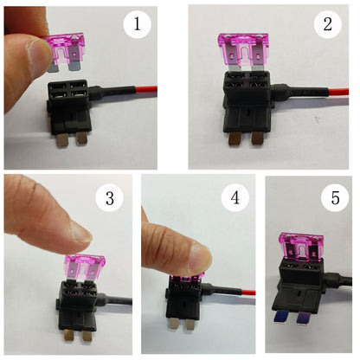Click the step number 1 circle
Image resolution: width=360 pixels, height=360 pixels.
[137, 24]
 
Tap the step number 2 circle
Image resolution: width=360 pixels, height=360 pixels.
[328, 24]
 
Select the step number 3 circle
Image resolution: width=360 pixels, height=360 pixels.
[110, 198]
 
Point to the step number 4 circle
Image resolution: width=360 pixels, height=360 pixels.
[235, 198]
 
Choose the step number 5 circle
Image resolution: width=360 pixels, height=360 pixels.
[335, 198]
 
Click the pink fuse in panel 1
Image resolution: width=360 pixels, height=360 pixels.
[65, 52]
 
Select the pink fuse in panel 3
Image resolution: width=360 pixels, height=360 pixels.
[84, 268]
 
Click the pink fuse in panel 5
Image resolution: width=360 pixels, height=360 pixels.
[301, 247]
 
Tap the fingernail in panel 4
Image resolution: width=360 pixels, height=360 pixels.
[200, 258]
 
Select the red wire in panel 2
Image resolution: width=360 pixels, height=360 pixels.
[338, 93]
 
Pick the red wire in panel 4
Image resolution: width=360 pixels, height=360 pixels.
[247, 292]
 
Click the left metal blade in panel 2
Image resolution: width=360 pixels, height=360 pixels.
[235, 138]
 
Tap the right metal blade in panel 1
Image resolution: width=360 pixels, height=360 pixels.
[81, 139]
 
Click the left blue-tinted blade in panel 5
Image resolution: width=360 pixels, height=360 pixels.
[280, 317]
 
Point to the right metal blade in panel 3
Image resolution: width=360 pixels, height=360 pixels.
[87, 336]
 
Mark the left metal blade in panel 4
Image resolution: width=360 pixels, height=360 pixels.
[175, 323]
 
